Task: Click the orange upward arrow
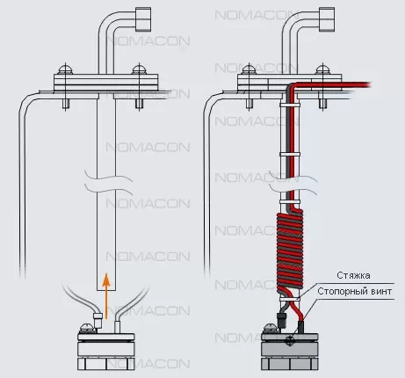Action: (x=106, y=296)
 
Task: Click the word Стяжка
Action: (x=353, y=275)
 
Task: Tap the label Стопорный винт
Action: (x=354, y=291)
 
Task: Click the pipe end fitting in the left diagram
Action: (x=143, y=18)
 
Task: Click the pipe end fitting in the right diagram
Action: (x=327, y=18)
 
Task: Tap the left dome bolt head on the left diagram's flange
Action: (x=66, y=69)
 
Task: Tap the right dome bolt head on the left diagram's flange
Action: (x=139, y=69)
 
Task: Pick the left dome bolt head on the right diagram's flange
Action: (x=249, y=69)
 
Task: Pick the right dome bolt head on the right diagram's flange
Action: (x=323, y=69)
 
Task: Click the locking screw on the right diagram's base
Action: (x=291, y=340)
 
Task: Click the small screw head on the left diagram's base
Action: (x=86, y=328)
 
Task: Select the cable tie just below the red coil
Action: (x=290, y=299)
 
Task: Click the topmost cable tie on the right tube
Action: (x=290, y=105)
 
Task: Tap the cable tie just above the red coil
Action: (x=290, y=202)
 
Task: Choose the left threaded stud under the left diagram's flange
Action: (x=66, y=105)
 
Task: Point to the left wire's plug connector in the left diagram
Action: (x=98, y=320)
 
